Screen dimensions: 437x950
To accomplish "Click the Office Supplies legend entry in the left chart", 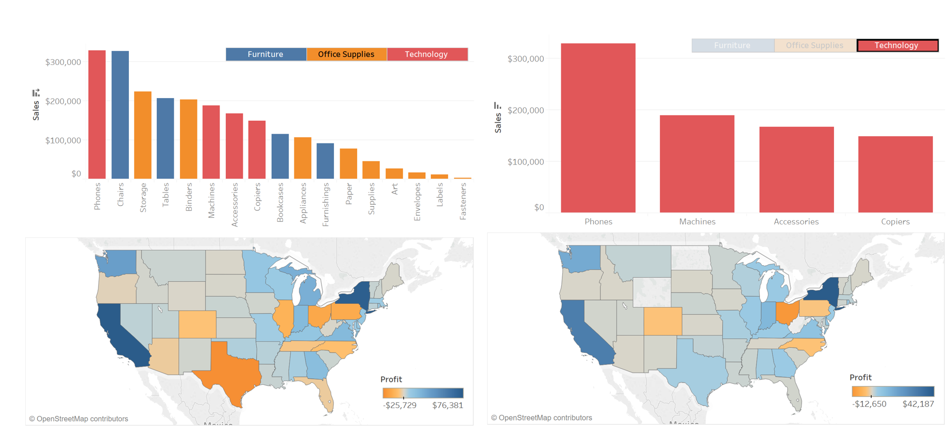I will [346, 54].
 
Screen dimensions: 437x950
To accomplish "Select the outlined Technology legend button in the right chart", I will [897, 45].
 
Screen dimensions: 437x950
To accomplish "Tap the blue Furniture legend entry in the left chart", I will [265, 54].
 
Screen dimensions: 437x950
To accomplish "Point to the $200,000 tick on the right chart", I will [525, 110].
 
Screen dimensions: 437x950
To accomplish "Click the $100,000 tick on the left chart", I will [63, 140].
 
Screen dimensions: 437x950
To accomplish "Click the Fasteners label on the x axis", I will [463, 202].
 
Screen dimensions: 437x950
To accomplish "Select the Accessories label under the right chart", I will [796, 221].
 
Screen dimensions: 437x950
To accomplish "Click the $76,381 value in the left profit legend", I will [447, 405].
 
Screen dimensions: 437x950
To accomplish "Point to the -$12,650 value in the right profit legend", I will [869, 403].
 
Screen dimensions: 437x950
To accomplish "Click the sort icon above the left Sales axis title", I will [36, 93].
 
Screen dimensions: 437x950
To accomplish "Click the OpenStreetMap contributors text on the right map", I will [541, 417].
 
